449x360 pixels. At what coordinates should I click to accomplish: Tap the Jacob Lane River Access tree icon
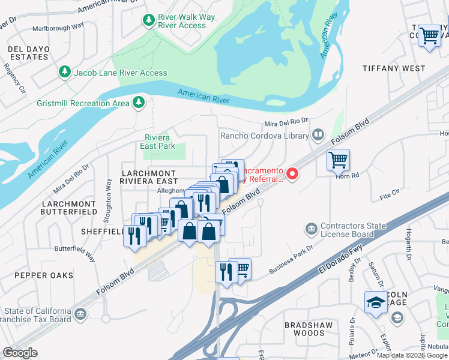64,72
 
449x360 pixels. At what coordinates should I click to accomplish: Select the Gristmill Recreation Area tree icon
139,103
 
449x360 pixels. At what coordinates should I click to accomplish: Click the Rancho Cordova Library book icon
318,136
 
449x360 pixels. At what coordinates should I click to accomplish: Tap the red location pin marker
292,174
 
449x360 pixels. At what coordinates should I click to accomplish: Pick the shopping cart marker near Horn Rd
339,160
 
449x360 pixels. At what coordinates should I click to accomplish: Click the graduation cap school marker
375,303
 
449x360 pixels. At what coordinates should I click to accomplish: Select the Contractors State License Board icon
311,229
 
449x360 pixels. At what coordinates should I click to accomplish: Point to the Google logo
20,353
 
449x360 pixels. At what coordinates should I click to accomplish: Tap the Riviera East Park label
157,142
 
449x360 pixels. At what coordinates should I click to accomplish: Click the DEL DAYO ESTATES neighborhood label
28,53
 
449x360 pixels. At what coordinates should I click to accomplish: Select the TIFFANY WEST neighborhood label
394,68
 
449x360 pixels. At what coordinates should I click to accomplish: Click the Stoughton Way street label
109,193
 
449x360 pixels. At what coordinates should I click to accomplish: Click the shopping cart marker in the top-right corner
430,37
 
